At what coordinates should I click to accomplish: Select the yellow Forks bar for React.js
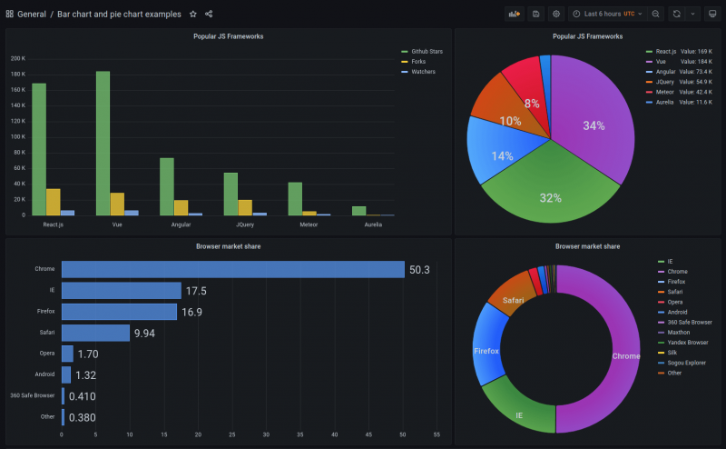53,202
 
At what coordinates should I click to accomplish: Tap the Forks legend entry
417,62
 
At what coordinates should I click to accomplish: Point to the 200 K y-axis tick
18,58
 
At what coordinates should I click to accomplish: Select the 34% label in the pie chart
594,125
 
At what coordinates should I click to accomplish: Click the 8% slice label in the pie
532,104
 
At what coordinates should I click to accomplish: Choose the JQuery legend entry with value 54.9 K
672,82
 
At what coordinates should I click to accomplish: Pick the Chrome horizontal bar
232,270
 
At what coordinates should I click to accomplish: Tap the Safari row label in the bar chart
47,333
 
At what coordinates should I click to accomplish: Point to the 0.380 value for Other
83,418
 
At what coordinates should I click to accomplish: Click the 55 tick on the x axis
437,435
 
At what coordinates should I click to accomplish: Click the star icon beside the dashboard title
192,15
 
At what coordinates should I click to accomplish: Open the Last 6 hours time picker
608,15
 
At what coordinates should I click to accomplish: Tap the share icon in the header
209,15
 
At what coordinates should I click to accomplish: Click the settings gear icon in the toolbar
556,15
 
